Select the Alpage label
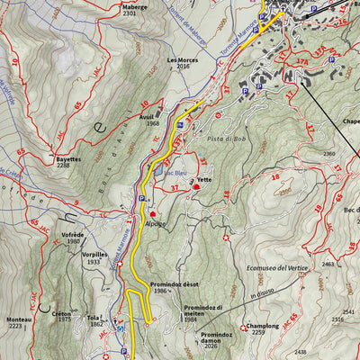coord(155,222)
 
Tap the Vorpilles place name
coord(94,255)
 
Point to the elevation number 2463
coord(327,265)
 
